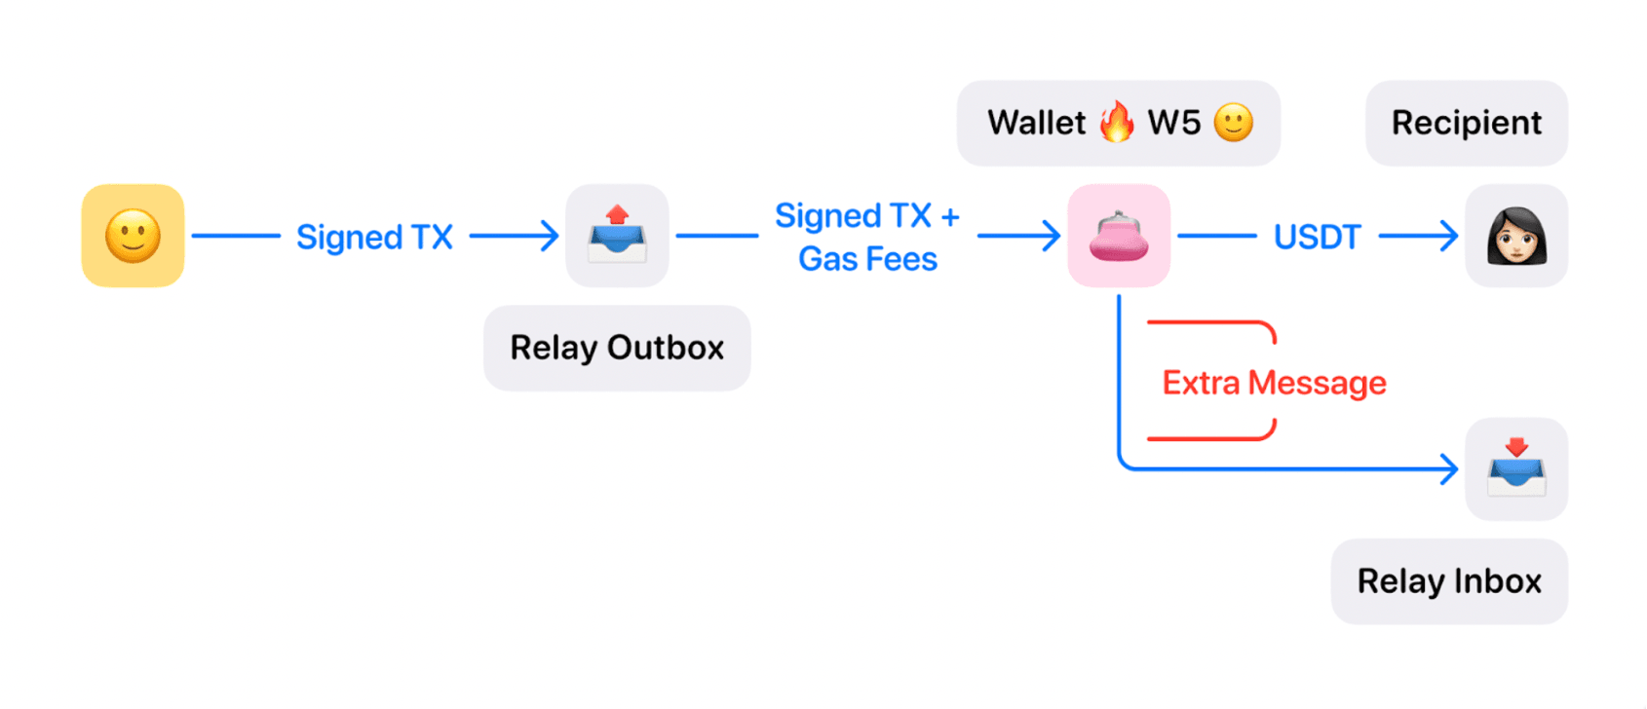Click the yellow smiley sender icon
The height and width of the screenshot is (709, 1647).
pos(133,236)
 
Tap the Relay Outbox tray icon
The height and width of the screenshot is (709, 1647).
pos(617,236)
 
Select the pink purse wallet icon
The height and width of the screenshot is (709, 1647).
pos(1119,236)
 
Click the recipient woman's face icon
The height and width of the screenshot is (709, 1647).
pos(1516,236)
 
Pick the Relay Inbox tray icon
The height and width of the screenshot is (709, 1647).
pos(1516,468)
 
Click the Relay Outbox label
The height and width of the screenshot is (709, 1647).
pos(617,348)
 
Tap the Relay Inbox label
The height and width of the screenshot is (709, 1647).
pos(1449,581)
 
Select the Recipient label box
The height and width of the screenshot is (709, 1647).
pos(1466,123)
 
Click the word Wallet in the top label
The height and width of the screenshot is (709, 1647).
pos(1036,123)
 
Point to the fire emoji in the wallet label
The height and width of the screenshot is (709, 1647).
pos(1117,122)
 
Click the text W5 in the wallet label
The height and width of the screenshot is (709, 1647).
pos(1173,123)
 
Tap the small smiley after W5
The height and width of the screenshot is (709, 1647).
pos(1233,123)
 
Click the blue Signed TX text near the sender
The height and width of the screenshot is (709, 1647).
pos(374,237)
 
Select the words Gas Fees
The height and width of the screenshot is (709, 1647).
pos(867,259)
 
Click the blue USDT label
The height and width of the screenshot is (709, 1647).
pos(1317,237)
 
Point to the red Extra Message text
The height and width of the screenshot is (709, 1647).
pos(1274,383)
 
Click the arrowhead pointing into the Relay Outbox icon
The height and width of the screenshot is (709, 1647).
pos(552,236)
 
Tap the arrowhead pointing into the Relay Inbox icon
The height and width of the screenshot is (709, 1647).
pos(1450,469)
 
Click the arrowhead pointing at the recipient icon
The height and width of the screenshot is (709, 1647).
pos(1450,236)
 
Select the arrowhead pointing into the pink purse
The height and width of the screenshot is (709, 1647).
pos(1053,236)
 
